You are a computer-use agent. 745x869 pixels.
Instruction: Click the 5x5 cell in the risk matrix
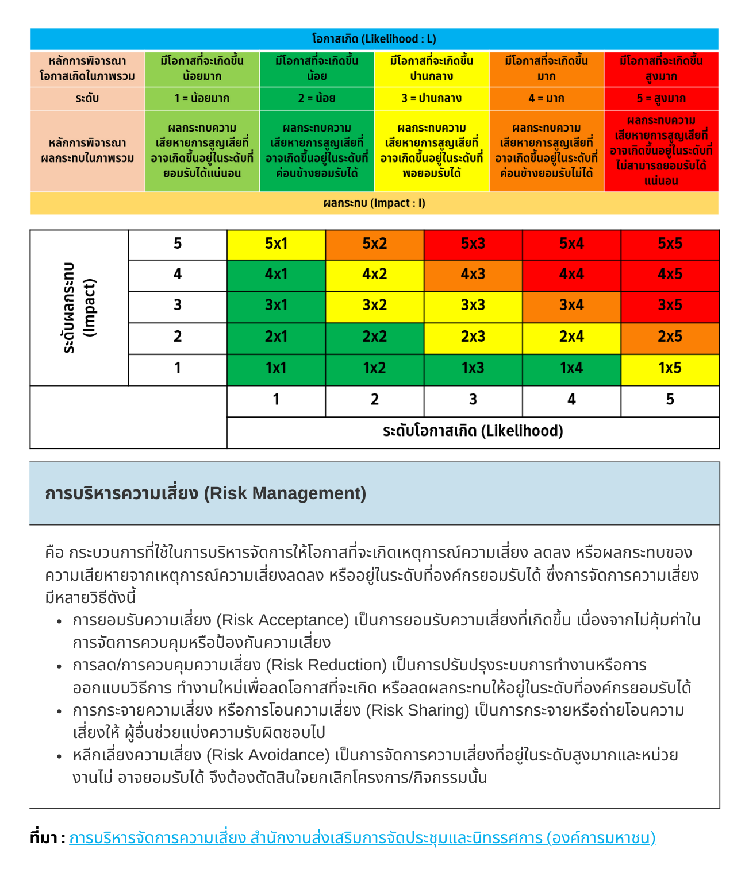(670, 244)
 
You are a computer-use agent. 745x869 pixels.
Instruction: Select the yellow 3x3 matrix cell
(473, 306)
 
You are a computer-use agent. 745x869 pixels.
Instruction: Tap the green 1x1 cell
(276, 368)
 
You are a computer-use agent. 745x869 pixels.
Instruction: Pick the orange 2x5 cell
(670, 337)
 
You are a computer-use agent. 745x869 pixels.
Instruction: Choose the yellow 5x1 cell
(276, 244)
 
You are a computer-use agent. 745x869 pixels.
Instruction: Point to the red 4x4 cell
(571, 275)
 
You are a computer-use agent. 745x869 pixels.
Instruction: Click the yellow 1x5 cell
(670, 368)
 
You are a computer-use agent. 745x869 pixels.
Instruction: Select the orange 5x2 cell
(374, 244)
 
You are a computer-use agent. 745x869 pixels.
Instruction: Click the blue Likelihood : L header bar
(374, 39)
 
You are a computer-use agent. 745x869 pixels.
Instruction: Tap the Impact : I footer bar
(374, 203)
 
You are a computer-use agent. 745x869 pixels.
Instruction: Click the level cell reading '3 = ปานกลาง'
(432, 98)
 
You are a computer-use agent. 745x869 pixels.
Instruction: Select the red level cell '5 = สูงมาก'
(661, 98)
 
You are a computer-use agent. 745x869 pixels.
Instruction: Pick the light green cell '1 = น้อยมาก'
(202, 98)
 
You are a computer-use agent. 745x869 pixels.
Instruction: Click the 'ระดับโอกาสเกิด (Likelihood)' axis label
(473, 431)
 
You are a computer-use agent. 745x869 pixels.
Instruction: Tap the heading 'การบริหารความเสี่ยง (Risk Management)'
(206, 493)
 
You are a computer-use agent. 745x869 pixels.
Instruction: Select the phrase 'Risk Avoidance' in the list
(268, 755)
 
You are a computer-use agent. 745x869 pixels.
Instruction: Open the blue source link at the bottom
(362, 838)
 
